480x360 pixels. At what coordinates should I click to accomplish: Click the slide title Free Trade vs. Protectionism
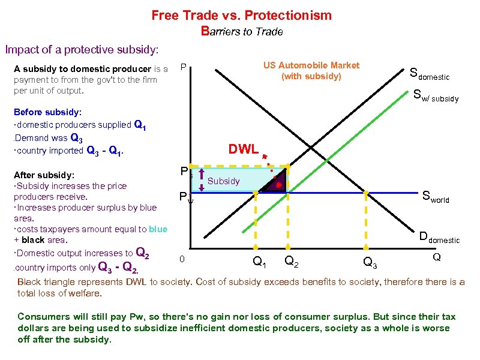tap(241, 14)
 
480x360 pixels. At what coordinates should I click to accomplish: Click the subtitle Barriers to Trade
tap(242, 31)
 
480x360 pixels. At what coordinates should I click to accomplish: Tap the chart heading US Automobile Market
tap(311, 65)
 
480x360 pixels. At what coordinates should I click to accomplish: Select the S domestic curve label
tap(429, 75)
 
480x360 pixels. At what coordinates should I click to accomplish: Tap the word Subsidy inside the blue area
tap(223, 181)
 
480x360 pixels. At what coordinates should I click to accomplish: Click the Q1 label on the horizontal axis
tap(259, 261)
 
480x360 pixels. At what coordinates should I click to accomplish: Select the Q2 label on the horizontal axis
tap(292, 260)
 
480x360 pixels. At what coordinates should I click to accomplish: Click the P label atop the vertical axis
tap(184, 66)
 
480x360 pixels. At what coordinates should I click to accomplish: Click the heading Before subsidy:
tap(47, 112)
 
